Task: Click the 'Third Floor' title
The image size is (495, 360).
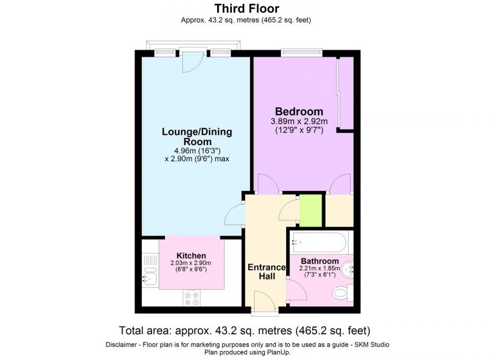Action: click(x=247, y=8)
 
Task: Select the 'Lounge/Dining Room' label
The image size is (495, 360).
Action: click(x=197, y=137)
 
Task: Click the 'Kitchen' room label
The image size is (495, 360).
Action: click(x=191, y=255)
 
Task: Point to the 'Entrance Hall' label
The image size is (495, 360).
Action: click(x=267, y=272)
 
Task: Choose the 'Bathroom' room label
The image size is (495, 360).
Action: click(x=320, y=261)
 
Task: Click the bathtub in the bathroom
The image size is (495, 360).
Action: click(x=319, y=243)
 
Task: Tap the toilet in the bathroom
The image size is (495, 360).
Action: click(x=341, y=294)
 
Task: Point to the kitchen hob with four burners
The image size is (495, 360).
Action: click(x=192, y=297)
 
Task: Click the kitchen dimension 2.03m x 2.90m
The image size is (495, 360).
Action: click(x=191, y=263)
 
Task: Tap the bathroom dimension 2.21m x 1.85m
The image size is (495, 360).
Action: click(x=320, y=269)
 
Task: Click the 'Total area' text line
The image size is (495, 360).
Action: click(x=247, y=329)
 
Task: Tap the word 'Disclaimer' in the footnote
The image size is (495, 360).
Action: click(x=122, y=344)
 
